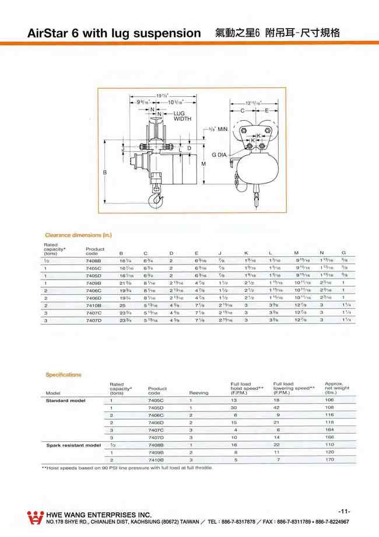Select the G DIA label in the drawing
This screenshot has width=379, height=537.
point(220,155)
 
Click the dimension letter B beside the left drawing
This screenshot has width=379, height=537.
point(105,173)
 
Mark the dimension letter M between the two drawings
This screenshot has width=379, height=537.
point(203,165)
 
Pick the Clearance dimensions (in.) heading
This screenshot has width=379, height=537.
point(78,235)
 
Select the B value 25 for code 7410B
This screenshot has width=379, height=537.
point(122,305)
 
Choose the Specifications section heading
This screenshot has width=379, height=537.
point(64,375)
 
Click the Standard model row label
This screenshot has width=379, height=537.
point(65,401)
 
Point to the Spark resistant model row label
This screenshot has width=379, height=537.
point(73,445)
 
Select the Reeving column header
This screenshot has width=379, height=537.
point(198,393)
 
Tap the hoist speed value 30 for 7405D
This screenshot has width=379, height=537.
point(233,408)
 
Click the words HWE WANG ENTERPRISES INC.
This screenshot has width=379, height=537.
point(99,514)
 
